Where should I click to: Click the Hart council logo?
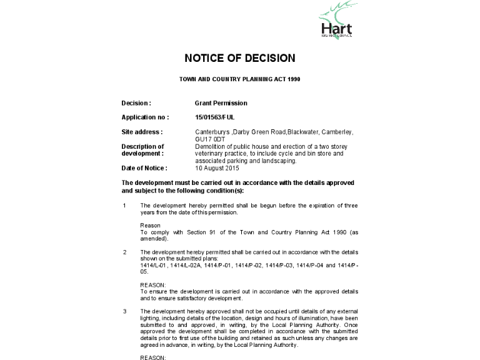click(x=336, y=22)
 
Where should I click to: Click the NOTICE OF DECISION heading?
click(x=239, y=58)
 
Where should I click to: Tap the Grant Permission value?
click(x=221, y=103)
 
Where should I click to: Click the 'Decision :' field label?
click(x=136, y=103)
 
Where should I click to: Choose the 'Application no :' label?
click(x=145, y=117)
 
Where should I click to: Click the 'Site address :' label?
click(x=142, y=132)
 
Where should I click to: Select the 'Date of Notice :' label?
click(x=144, y=168)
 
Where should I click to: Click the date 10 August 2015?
click(x=217, y=168)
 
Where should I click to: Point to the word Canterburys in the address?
click(x=212, y=132)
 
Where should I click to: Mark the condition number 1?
click(x=125, y=206)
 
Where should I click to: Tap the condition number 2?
click(x=125, y=252)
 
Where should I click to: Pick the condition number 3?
click(x=125, y=311)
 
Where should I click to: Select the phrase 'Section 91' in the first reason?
click(x=196, y=232)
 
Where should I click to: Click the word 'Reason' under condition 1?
click(x=150, y=225)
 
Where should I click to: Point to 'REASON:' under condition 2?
click(x=152, y=285)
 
